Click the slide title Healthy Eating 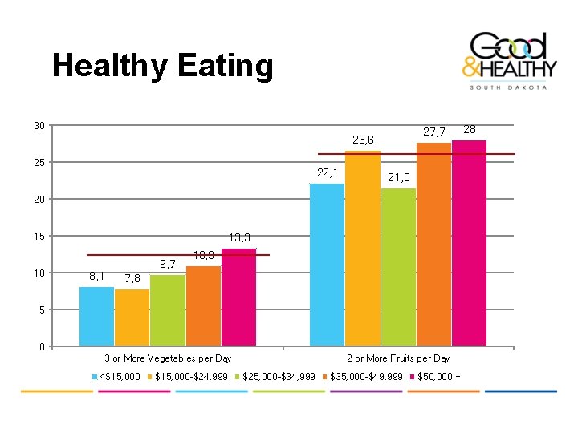pyautogui.click(x=162, y=65)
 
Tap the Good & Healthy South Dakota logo pyautogui.click(x=509, y=60)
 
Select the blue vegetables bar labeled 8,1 pyautogui.click(x=96, y=316)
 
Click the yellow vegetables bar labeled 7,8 pyautogui.click(x=132, y=318)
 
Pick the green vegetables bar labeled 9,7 pyautogui.click(x=167, y=310)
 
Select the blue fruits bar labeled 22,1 pyautogui.click(x=327, y=265)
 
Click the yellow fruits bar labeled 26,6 pyautogui.click(x=362, y=249)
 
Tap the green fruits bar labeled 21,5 pyautogui.click(x=398, y=267)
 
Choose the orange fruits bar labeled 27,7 pyautogui.click(x=433, y=245)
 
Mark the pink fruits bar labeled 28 pyautogui.click(x=469, y=243)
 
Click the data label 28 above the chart pyautogui.click(x=470, y=129)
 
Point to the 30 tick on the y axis pyautogui.click(x=39, y=126)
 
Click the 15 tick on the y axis pyautogui.click(x=39, y=237)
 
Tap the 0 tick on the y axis pyautogui.click(x=41, y=347)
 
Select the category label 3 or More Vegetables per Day pyautogui.click(x=168, y=358)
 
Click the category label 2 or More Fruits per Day pyautogui.click(x=398, y=358)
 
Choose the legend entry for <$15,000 pyautogui.click(x=118, y=377)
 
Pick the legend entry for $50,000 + pyautogui.click(x=438, y=377)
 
